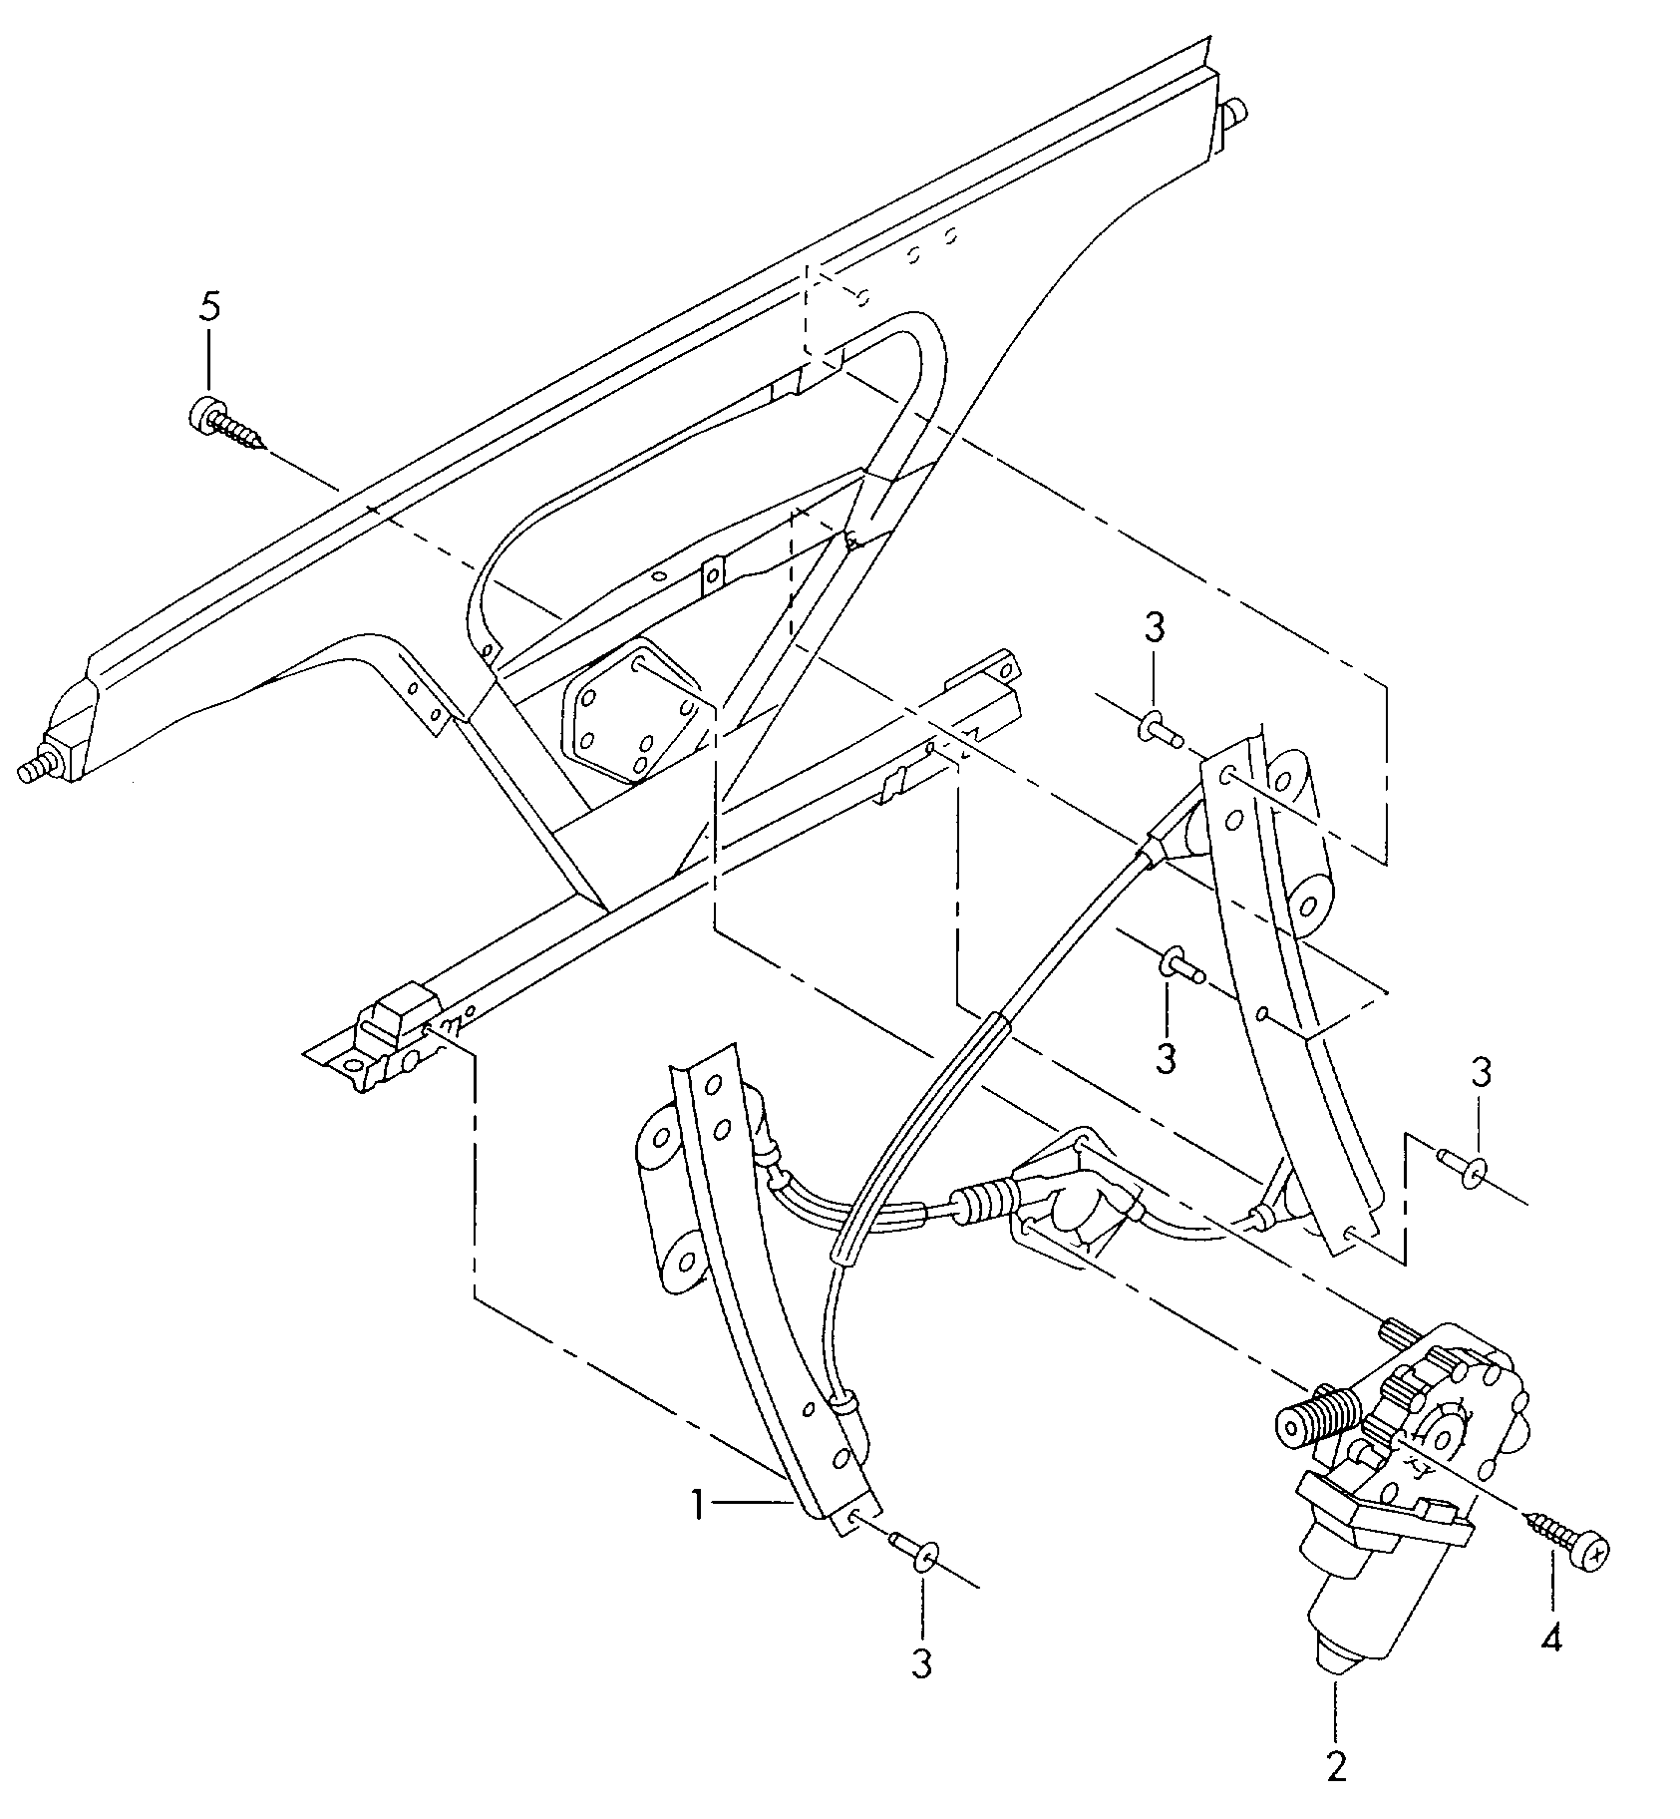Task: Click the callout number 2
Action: coord(1336,1766)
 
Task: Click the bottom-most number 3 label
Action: coord(921,1662)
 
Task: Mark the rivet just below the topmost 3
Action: coord(1160,730)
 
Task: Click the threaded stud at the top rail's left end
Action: coord(38,769)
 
